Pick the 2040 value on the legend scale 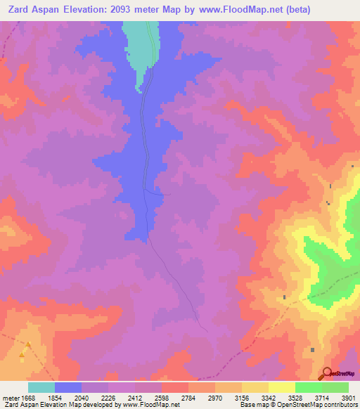coord(82,398)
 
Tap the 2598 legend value coord(161,398)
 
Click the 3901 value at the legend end coord(348,398)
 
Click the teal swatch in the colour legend coord(41,387)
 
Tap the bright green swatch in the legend coord(308,387)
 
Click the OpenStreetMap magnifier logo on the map coord(326,373)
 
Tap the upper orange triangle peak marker coord(29,344)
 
